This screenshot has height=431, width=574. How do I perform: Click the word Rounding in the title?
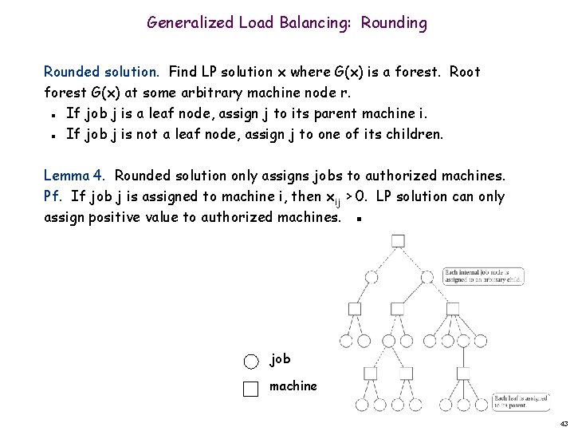coord(394,23)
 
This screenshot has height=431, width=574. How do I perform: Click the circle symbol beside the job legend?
coord(251,361)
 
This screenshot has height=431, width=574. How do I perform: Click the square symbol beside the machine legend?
coord(251,389)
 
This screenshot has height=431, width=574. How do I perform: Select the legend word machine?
coord(293,386)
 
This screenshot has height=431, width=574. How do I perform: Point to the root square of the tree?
coord(398,241)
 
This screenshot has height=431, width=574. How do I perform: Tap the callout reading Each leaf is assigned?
coord(520,401)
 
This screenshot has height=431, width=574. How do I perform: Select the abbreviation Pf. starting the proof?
coord(53,196)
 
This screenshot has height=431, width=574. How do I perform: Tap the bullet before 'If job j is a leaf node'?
coord(51,113)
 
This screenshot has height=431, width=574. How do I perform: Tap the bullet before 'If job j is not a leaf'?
coord(51,134)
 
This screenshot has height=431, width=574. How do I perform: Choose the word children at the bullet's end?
coord(413,133)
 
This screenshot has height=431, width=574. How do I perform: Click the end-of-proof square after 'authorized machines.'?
coord(360,219)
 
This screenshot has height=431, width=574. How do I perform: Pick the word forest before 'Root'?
coord(418,72)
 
